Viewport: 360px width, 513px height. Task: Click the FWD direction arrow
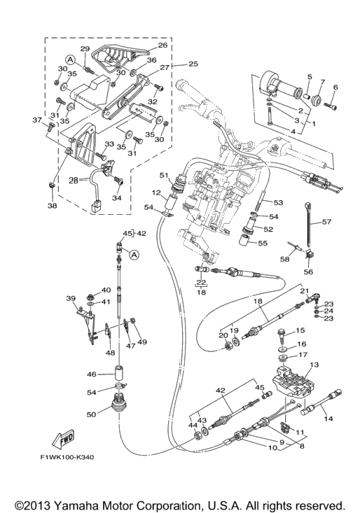point(64,439)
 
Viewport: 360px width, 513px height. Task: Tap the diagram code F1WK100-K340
point(67,457)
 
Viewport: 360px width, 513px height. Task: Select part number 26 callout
point(162,45)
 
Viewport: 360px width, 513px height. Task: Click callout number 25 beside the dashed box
point(193,63)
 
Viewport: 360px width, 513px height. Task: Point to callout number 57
point(326,222)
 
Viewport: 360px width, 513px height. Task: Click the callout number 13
point(314,365)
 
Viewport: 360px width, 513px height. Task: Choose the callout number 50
point(91,414)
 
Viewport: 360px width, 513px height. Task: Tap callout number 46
point(92,374)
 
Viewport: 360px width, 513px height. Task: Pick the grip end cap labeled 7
point(317,100)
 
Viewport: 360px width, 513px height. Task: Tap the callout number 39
point(71,298)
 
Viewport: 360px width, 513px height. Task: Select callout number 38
point(53,206)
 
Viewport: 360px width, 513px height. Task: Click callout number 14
point(328,418)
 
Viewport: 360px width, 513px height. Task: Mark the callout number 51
point(164,176)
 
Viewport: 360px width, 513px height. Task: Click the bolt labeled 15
point(282,333)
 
